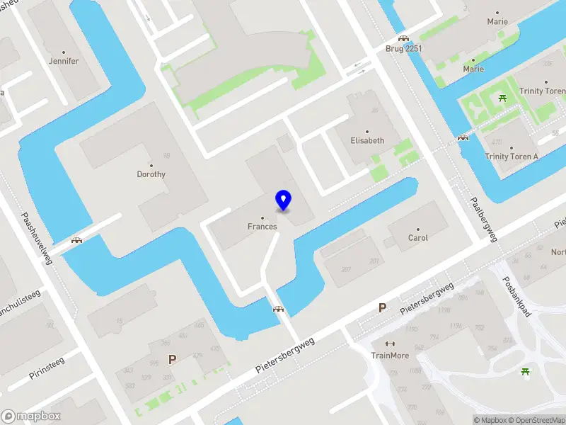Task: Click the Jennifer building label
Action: [x=64, y=62]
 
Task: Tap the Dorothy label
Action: [x=151, y=174]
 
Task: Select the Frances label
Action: [x=262, y=227]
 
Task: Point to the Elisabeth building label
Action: [x=367, y=141]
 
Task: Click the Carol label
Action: [x=418, y=238]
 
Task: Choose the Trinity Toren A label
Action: [x=511, y=157]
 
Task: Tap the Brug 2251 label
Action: [x=403, y=48]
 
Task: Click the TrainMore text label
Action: [x=390, y=356]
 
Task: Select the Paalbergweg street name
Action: [x=485, y=219]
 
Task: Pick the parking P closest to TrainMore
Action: [x=382, y=308]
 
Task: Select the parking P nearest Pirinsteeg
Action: [x=172, y=359]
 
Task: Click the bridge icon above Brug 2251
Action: [x=403, y=38]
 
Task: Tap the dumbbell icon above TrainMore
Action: [x=390, y=344]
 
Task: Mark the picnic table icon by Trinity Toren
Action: [x=503, y=98]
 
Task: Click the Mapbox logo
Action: [x=31, y=416]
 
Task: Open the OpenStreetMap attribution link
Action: [x=538, y=420]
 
